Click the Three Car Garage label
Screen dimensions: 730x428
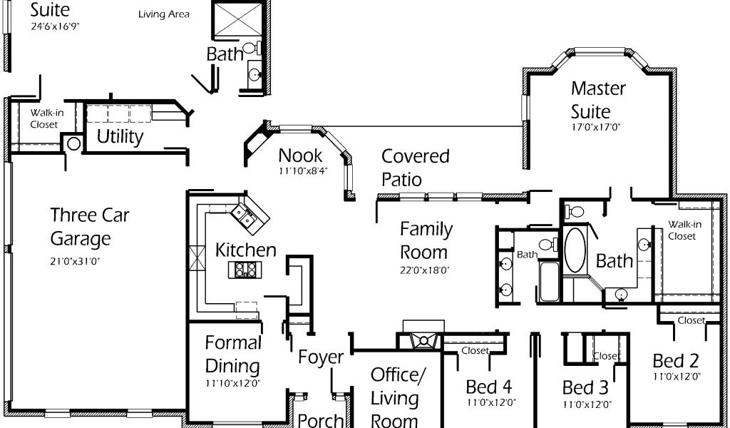tap(89, 227)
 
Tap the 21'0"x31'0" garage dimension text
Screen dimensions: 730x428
tap(76, 261)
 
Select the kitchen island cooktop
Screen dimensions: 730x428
tap(245, 269)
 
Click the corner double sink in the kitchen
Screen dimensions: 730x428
tap(250, 215)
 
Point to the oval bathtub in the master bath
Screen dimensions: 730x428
tap(575, 250)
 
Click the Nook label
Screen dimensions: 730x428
tap(300, 155)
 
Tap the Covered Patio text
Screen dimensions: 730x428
tap(416, 168)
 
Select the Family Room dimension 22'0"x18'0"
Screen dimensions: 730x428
tap(423, 270)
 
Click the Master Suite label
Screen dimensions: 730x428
tap(598, 100)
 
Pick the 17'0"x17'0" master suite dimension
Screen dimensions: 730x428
tap(597, 126)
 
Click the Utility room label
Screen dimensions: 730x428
tap(120, 137)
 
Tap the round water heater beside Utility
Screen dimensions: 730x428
tap(73, 143)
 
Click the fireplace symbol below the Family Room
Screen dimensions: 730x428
tap(423, 340)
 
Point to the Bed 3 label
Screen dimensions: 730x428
tap(585, 387)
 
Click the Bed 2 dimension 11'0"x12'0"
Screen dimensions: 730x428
tap(677, 376)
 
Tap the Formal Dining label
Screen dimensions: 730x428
tap(233, 354)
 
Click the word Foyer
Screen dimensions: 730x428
tap(321, 357)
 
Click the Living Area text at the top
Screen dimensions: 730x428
tap(164, 14)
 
